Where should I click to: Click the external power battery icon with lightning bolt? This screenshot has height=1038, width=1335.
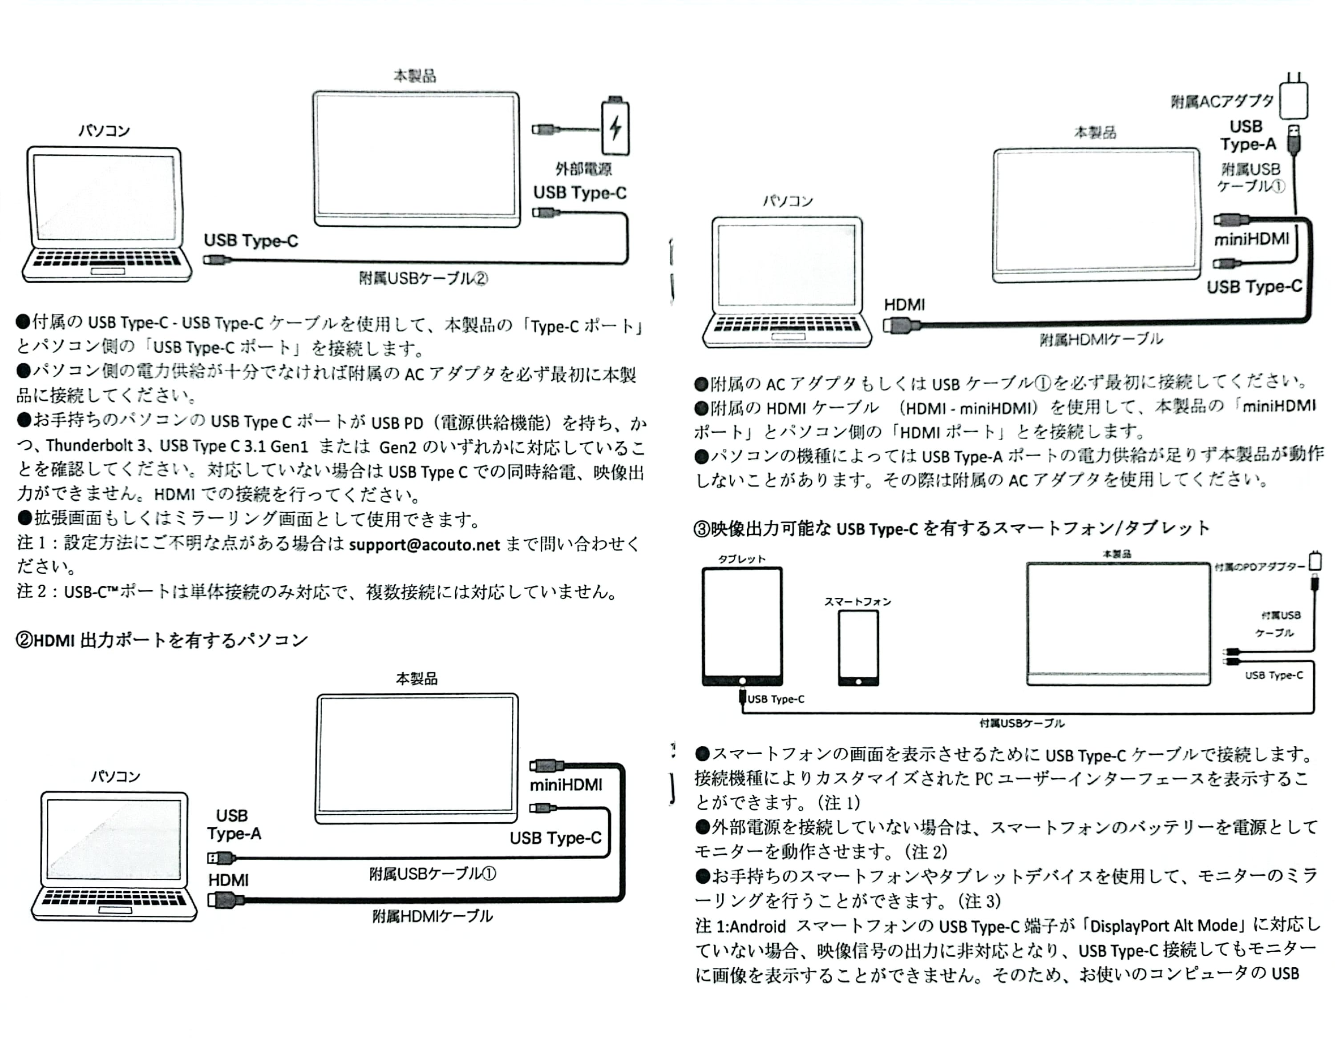tap(615, 126)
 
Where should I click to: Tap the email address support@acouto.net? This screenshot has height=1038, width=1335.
tap(424, 544)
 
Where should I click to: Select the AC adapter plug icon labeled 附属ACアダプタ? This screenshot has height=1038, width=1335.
tap(1294, 98)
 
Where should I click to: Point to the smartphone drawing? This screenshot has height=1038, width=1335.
tap(858, 648)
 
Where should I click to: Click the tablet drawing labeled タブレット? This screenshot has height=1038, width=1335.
tap(742, 626)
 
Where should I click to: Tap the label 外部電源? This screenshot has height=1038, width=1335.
tap(583, 169)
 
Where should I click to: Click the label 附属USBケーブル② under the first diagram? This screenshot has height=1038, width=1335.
tap(423, 278)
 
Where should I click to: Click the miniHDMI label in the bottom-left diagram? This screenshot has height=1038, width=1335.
tap(566, 785)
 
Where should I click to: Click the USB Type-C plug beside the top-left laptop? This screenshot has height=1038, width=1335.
tap(216, 260)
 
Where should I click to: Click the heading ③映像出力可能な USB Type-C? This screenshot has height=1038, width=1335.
tap(951, 528)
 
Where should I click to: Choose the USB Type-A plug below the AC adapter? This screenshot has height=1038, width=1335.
tap(1294, 139)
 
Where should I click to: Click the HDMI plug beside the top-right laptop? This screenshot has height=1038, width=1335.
tap(902, 326)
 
